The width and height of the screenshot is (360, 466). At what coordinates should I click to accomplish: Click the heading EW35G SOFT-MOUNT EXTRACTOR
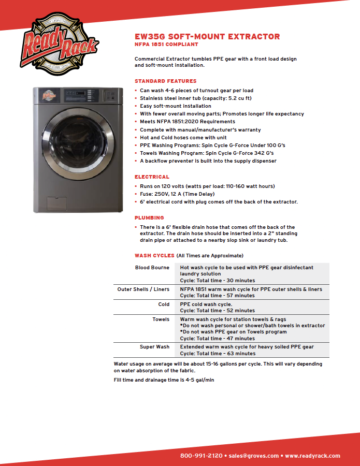coord(207,37)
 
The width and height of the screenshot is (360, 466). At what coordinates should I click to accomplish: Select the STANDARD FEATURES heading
coord(165,81)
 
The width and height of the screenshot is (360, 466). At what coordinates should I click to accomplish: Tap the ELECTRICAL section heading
coord(152,177)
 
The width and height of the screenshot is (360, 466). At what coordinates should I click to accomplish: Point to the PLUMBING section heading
coord(149,218)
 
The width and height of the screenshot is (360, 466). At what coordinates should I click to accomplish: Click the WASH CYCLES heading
coord(154,256)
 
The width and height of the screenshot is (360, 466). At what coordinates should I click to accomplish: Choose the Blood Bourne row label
coord(152,268)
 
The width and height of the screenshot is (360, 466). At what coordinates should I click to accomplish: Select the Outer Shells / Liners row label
coord(143,289)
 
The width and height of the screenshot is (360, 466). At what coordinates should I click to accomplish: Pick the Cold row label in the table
coord(164,304)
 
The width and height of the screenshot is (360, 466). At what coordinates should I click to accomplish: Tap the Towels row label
coord(161,319)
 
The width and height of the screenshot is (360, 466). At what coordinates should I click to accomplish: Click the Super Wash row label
coord(154,347)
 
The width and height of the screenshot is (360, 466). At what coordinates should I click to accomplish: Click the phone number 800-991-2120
coord(201,456)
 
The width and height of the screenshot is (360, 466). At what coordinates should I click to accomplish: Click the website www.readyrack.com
coord(312,456)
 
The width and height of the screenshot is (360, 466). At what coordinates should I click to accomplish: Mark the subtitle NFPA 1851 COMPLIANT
coord(166,45)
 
